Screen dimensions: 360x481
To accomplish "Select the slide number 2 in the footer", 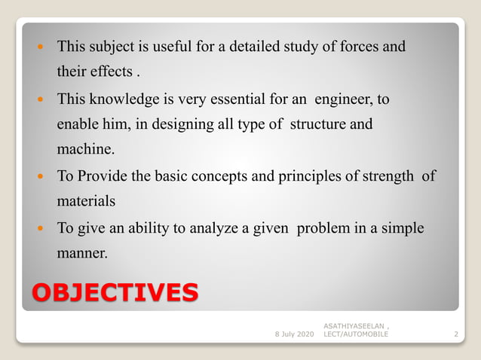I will [x=456, y=333].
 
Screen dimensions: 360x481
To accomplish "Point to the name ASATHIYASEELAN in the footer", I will [x=356, y=325].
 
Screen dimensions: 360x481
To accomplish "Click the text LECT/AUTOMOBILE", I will [x=356, y=333].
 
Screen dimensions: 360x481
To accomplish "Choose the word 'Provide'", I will [x=103, y=176].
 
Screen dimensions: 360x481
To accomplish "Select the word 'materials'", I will [x=85, y=202].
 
